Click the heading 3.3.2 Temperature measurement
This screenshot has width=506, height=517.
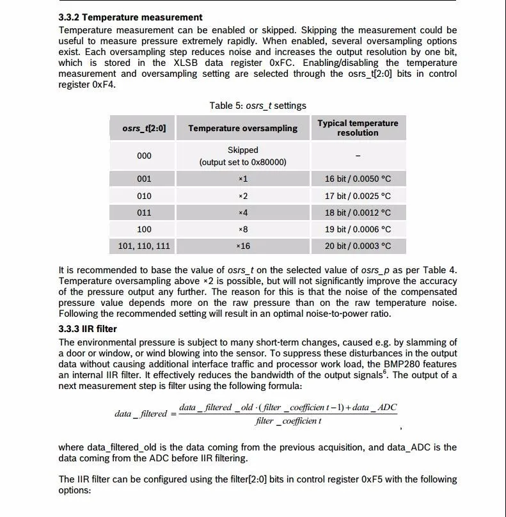click(130, 17)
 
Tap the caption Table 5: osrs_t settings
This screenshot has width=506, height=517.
click(258, 106)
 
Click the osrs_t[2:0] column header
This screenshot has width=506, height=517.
click(144, 128)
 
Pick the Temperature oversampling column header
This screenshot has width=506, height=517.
click(243, 128)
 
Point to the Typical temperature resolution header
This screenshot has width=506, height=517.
click(358, 128)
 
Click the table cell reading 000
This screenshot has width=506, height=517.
click(144, 155)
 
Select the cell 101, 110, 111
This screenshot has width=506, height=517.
click(144, 245)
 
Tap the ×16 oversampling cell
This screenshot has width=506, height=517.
click(243, 245)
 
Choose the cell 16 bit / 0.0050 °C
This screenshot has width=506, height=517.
click(358, 179)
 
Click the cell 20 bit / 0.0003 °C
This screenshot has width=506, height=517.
click(358, 245)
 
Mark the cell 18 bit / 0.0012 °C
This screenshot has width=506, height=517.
click(358, 212)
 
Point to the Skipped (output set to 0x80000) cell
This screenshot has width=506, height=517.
click(243, 155)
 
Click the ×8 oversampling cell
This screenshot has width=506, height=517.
click(243, 229)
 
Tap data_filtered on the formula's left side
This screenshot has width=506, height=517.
click(141, 414)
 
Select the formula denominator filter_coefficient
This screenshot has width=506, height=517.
click(289, 421)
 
